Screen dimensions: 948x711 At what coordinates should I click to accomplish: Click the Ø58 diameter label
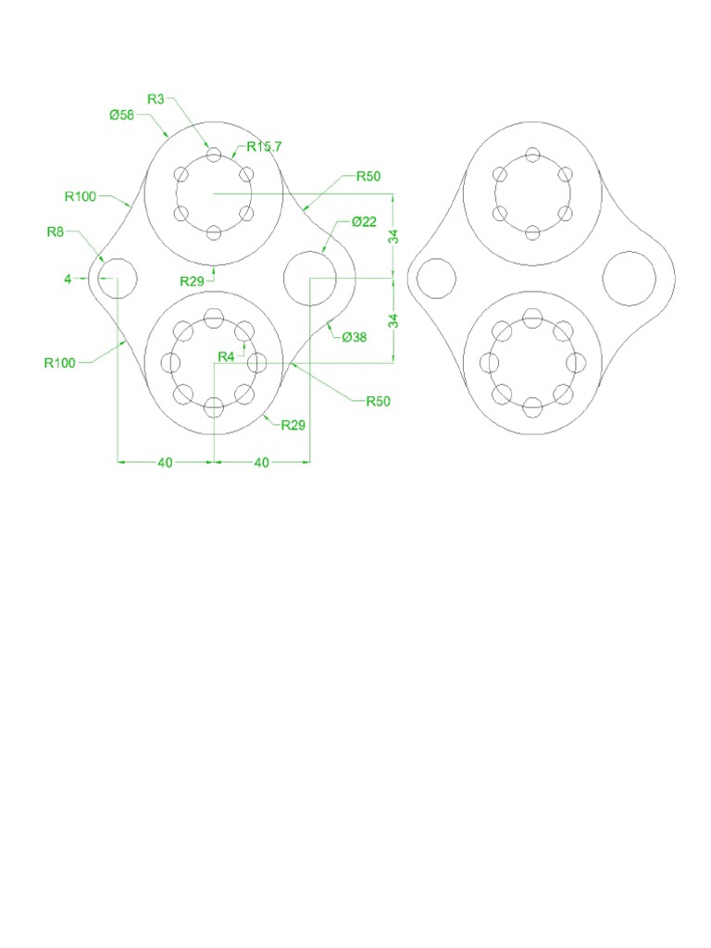click(x=122, y=115)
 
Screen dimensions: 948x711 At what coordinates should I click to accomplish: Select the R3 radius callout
click(x=156, y=98)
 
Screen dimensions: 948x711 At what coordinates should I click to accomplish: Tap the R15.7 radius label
click(x=264, y=146)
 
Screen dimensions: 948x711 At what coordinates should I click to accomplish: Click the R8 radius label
click(x=56, y=231)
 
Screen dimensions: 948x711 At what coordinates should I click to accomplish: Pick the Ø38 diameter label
click(x=355, y=337)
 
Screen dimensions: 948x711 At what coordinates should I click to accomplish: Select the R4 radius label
click(x=226, y=356)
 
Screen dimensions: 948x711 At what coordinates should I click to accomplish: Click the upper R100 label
click(x=81, y=195)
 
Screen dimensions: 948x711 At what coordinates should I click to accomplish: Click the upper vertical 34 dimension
click(x=393, y=235)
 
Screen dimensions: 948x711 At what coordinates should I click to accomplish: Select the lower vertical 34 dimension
click(x=393, y=320)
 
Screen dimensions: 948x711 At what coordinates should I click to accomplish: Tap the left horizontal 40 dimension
click(x=165, y=463)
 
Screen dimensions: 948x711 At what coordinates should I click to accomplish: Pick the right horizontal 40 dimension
click(x=261, y=463)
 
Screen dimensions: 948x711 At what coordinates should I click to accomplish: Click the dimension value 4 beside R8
click(x=68, y=278)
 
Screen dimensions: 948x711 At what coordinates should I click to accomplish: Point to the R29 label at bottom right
click(x=293, y=426)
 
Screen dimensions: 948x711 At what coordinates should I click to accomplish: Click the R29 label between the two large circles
click(x=193, y=279)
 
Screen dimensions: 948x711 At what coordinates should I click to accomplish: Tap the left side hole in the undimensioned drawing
click(x=436, y=278)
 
